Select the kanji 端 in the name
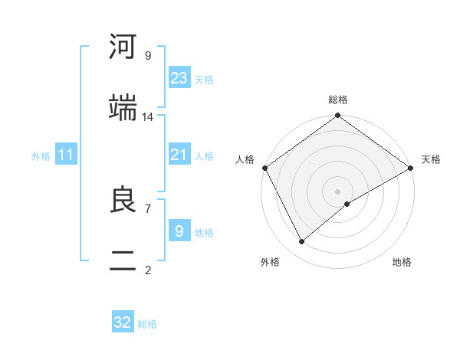coord(123,107)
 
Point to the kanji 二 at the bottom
coord(123,260)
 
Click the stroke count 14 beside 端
coord(148,116)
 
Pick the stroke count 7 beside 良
coord(147,208)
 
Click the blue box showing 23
coord(179,78)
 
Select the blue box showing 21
coord(179,155)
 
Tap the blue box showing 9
coord(179,231)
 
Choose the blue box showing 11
coord(66,155)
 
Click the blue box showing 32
coord(123,322)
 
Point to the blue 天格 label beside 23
coord(204,79)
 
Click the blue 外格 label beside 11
coord(41,155)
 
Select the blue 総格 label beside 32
coord(147,323)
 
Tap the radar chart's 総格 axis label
coord(338,100)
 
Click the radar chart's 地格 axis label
coord(402,262)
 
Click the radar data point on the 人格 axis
coord(264,168)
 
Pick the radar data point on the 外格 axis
coord(302,241)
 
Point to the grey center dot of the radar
coord(338,191)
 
